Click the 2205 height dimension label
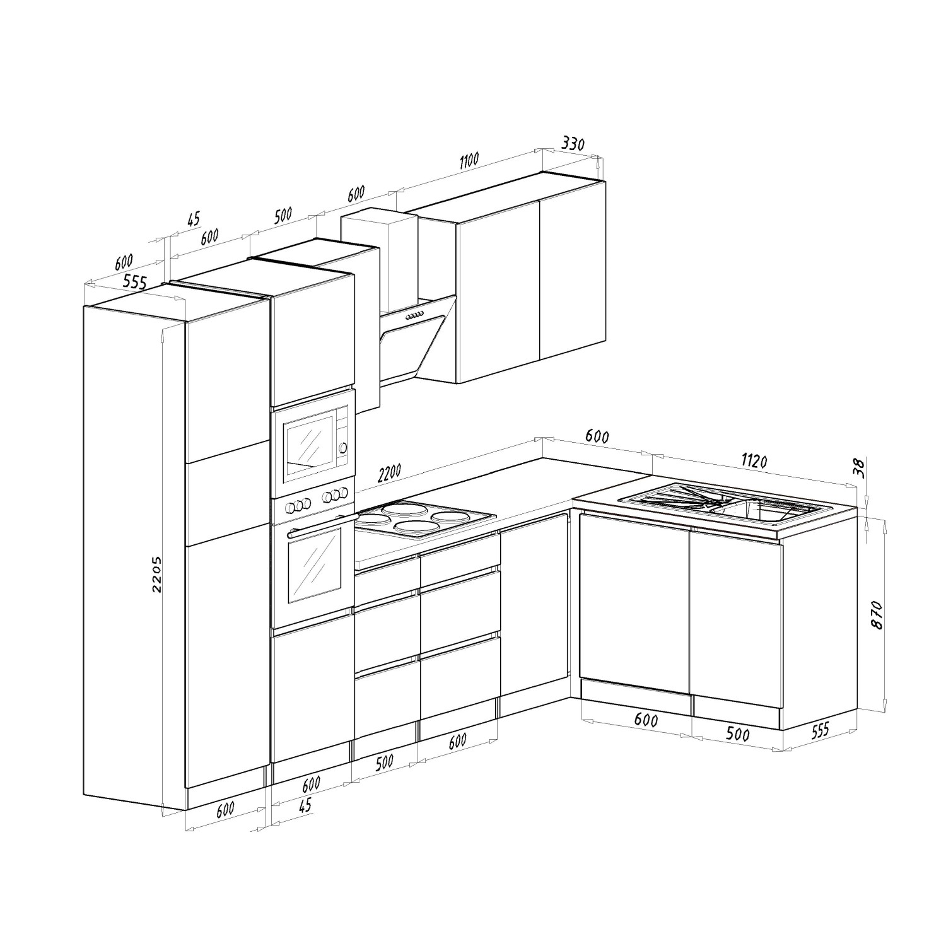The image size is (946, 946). coord(158,574)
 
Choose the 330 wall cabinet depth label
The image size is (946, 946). coord(573,143)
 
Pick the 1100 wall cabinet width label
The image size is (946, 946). coord(469,161)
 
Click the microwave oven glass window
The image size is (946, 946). coord(310,445)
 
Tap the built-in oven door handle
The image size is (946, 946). coord(320,525)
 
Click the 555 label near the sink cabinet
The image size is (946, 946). coord(819,730)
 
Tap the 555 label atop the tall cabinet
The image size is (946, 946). coord(134,282)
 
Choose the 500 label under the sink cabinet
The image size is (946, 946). coord(737,735)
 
